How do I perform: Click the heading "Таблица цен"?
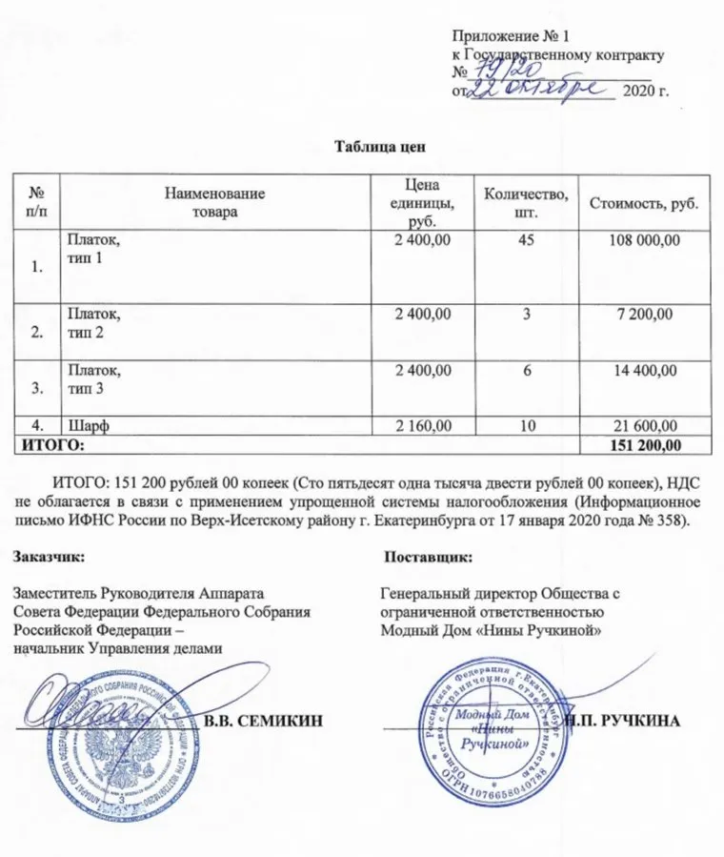click(374, 147)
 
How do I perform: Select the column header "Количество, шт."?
click(527, 202)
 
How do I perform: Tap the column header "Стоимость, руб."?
click(644, 203)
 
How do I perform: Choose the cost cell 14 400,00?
click(647, 369)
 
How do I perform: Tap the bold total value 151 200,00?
click(643, 444)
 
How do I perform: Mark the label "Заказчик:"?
click(49, 555)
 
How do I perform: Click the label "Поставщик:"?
click(422, 555)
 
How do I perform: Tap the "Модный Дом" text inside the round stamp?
click(493, 715)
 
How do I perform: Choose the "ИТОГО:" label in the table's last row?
click(48, 444)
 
